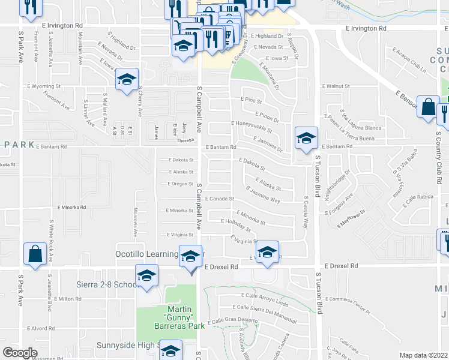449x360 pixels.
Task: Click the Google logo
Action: coord(20,353)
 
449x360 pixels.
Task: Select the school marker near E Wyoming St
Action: coord(127,79)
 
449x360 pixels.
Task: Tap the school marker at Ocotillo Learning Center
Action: coord(190,257)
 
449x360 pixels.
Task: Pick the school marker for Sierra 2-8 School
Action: coord(146,275)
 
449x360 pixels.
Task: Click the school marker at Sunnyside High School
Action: coord(170,350)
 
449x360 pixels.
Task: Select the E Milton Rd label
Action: coord(67,298)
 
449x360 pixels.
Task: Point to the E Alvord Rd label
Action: coord(41,328)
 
